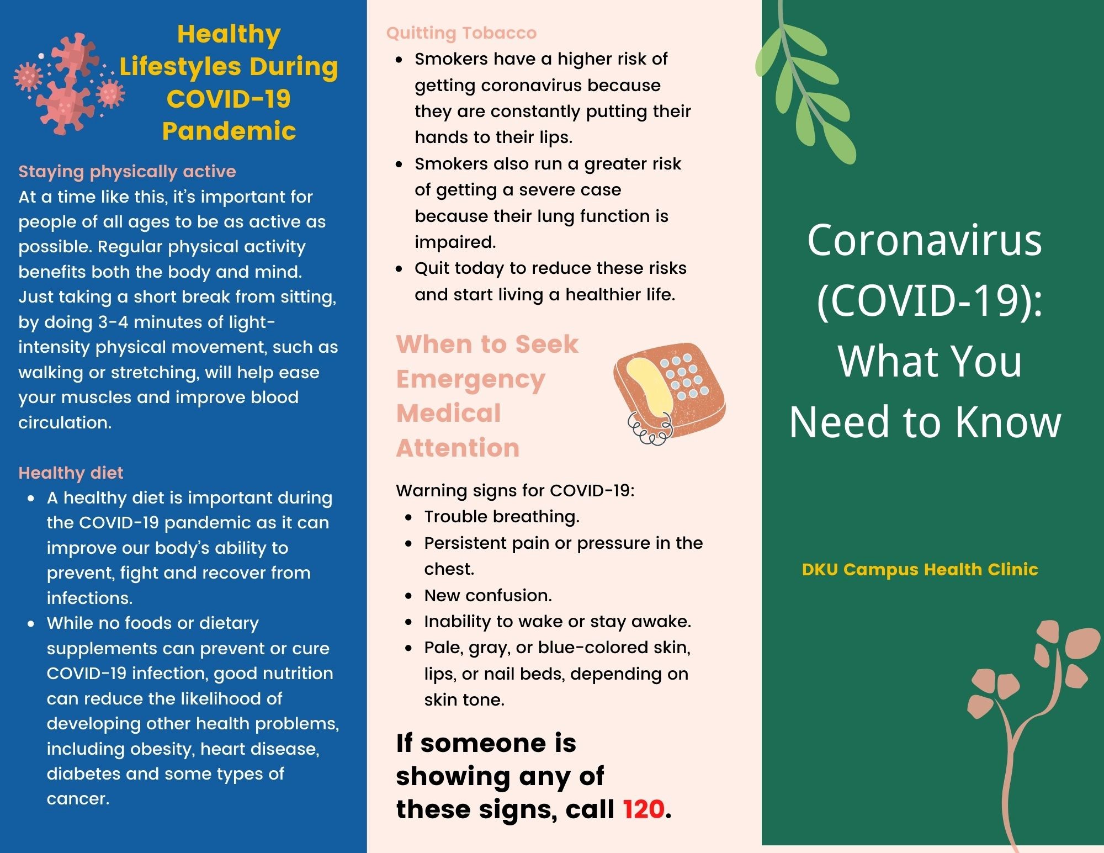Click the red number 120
(x=643, y=809)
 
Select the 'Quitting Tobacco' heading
(x=461, y=33)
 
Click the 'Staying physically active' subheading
(x=127, y=172)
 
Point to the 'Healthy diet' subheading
(x=71, y=473)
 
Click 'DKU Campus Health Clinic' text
(x=920, y=569)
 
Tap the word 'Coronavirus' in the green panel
(x=925, y=241)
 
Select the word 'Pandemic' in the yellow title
(x=229, y=131)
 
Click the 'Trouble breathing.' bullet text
(x=502, y=517)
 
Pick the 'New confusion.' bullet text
(x=488, y=595)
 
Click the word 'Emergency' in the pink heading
(x=471, y=380)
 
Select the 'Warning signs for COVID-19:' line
(x=515, y=490)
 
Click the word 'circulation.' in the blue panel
(x=65, y=422)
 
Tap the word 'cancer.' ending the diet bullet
(x=78, y=799)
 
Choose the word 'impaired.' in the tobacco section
(x=455, y=242)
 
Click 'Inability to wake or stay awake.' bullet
(x=558, y=622)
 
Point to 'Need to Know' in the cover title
(x=925, y=422)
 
